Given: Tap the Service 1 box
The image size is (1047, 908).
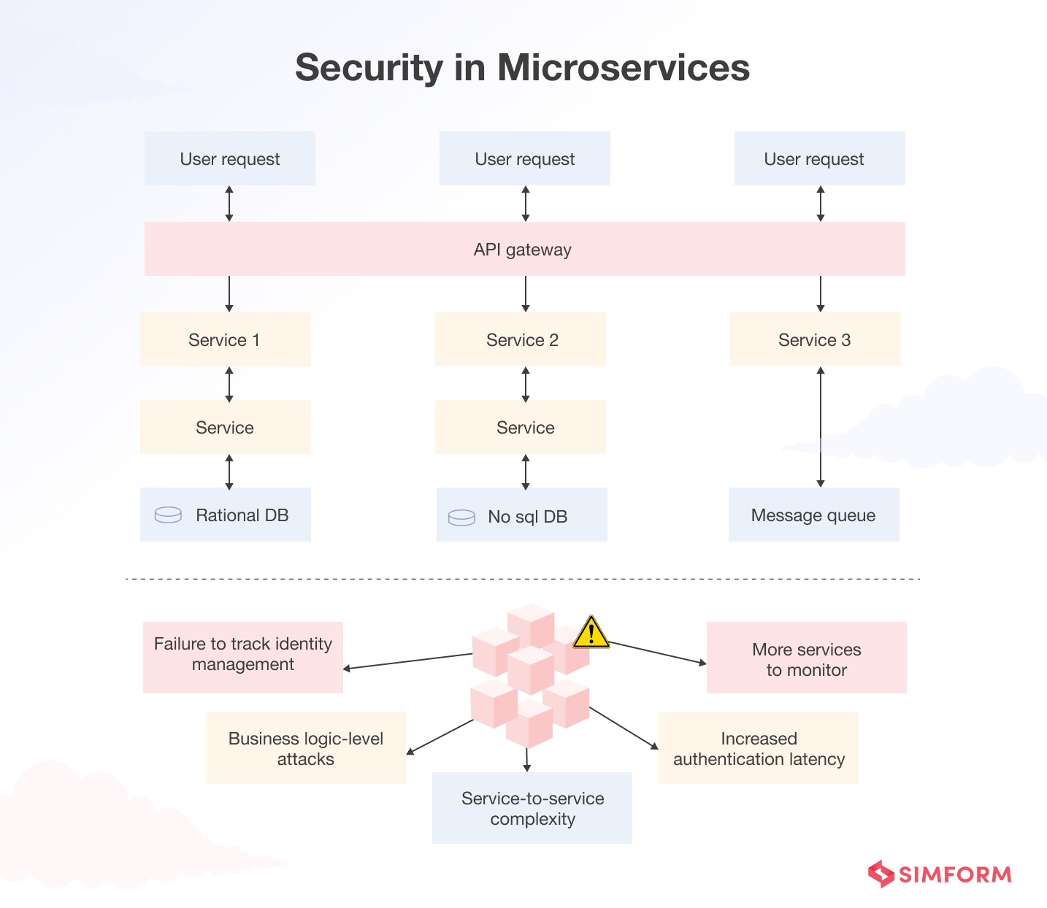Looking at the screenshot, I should tap(225, 339).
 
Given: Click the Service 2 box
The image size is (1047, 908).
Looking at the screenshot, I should tap(521, 339).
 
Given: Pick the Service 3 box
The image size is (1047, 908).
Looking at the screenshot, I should tap(815, 339).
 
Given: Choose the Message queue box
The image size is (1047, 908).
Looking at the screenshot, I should tap(813, 515).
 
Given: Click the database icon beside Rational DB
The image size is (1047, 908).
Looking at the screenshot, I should tap(168, 515).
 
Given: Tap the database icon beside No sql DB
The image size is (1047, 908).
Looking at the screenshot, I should tap(461, 517).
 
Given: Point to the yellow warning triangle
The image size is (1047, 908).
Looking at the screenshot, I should tap(591, 633).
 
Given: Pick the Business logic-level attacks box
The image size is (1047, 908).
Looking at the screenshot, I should tap(305, 748).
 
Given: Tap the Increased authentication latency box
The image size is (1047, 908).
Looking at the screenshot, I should tap(758, 748).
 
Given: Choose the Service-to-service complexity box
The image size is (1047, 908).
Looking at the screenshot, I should tap(532, 808).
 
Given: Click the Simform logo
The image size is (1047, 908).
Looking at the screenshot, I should tap(940, 874).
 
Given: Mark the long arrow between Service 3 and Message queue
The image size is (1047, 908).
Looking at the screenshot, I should tap(821, 427).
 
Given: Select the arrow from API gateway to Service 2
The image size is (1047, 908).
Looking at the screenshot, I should tap(526, 294).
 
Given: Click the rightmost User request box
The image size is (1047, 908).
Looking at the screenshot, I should tap(819, 158).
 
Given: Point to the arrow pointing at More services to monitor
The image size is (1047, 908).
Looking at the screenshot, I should tap(657, 653).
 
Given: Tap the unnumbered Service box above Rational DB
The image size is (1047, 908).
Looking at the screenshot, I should tap(225, 427).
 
